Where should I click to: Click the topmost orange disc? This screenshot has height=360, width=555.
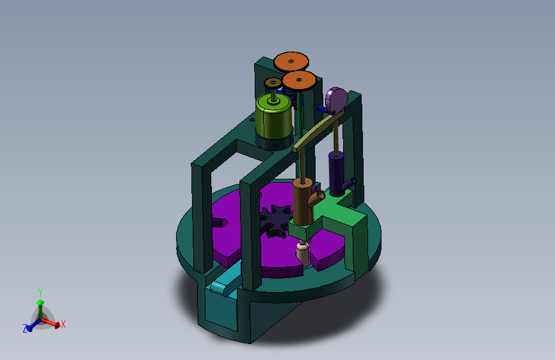(x=291, y=61)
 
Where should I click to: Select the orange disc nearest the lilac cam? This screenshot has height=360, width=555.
(x=299, y=81)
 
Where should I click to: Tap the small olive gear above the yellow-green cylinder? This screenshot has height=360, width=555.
(x=273, y=83)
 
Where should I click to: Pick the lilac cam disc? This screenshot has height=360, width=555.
(x=337, y=99)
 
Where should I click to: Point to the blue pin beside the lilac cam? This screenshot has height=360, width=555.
(x=322, y=108)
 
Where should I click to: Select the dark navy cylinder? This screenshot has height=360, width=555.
(x=336, y=174)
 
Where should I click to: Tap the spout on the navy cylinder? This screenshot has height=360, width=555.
(x=349, y=184)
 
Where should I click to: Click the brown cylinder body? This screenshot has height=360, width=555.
(x=303, y=202)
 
